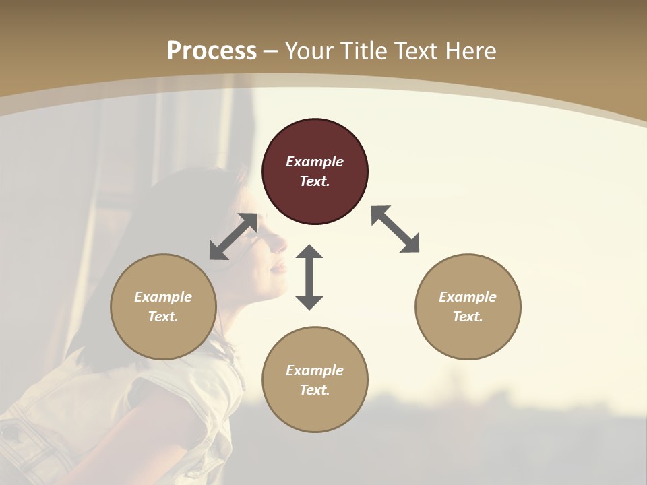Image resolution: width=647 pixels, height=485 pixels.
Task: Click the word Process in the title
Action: click(212, 51)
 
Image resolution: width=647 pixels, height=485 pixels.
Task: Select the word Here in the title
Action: click(470, 51)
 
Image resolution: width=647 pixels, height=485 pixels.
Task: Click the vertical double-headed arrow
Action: click(309, 277)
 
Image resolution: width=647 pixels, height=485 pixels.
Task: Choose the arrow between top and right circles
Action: click(395, 229)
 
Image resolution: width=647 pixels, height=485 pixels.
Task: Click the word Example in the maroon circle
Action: click(315, 162)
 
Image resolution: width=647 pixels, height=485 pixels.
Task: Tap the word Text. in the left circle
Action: click(163, 317)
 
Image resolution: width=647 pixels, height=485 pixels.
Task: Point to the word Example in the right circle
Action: click(468, 297)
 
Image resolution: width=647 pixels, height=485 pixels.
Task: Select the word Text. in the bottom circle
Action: click(315, 390)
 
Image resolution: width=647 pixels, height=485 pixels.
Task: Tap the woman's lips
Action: click(278, 267)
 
